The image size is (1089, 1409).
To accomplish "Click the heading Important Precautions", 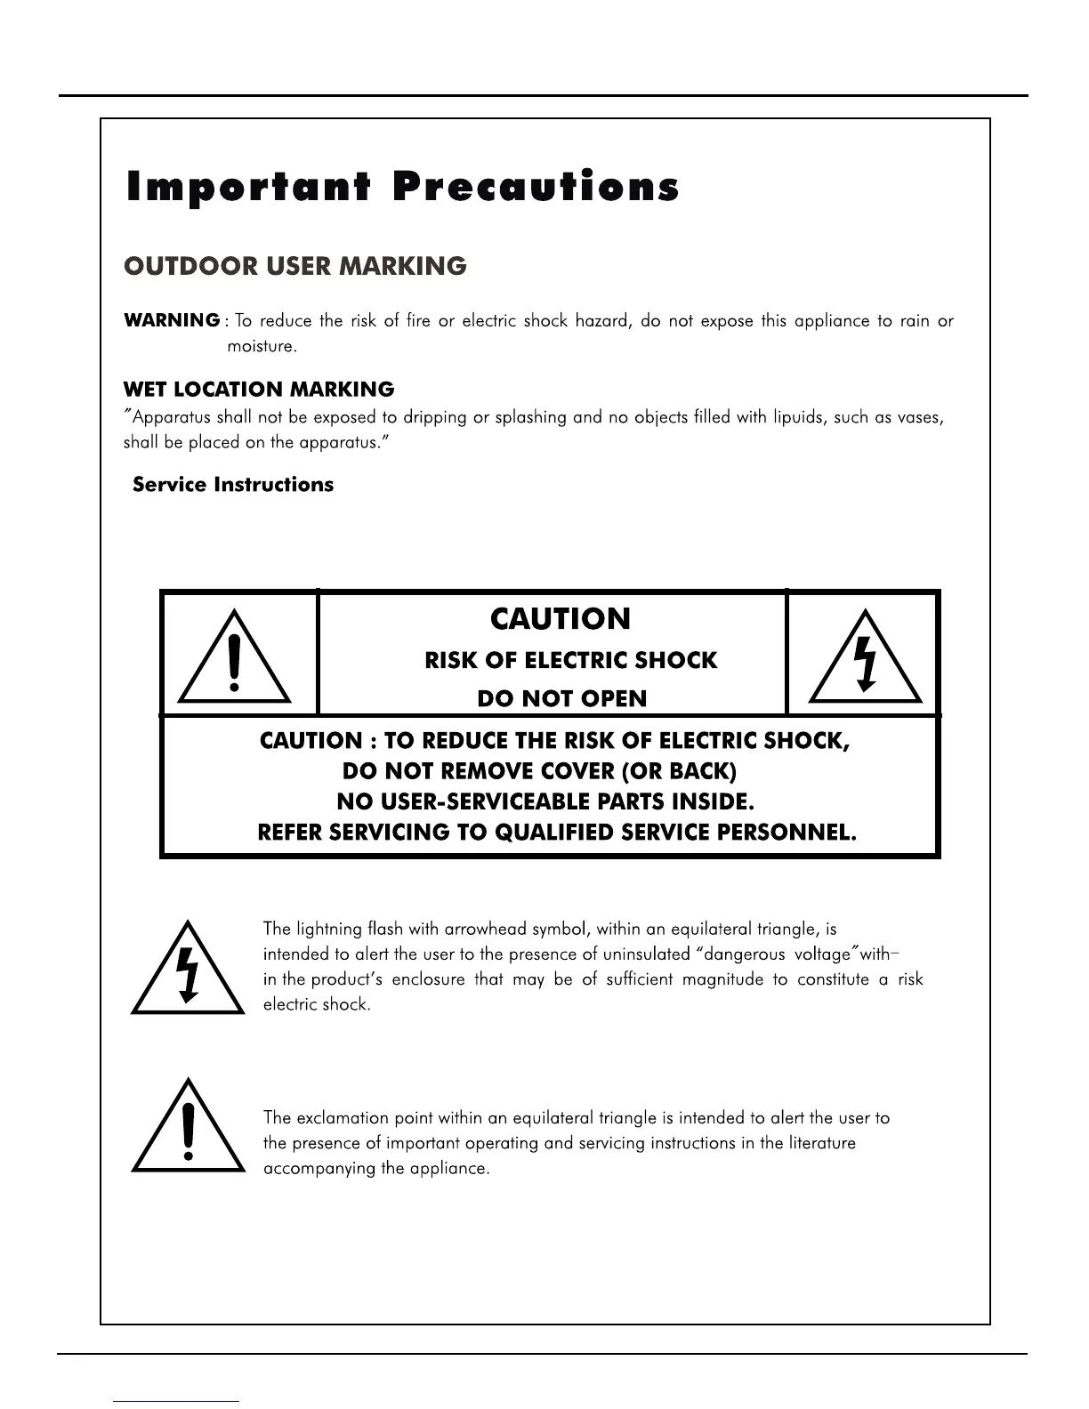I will point(403,187).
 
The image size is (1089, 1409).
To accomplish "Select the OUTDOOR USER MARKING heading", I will point(294,266).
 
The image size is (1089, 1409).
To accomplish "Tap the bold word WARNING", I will point(172,320).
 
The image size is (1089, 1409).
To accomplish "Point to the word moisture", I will point(261,346).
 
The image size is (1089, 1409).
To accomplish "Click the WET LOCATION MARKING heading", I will point(258,390).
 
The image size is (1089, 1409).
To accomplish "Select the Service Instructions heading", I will point(233,485).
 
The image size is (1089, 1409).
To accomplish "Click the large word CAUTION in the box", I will point(561,619).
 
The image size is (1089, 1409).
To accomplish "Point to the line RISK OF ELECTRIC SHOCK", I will point(570,661).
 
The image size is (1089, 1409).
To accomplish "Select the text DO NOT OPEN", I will point(562,699).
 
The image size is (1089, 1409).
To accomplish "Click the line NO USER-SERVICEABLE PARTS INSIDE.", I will point(545,802).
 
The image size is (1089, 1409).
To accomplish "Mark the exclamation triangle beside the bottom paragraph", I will point(188,1129).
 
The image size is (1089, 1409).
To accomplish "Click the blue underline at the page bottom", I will point(177,1401).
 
